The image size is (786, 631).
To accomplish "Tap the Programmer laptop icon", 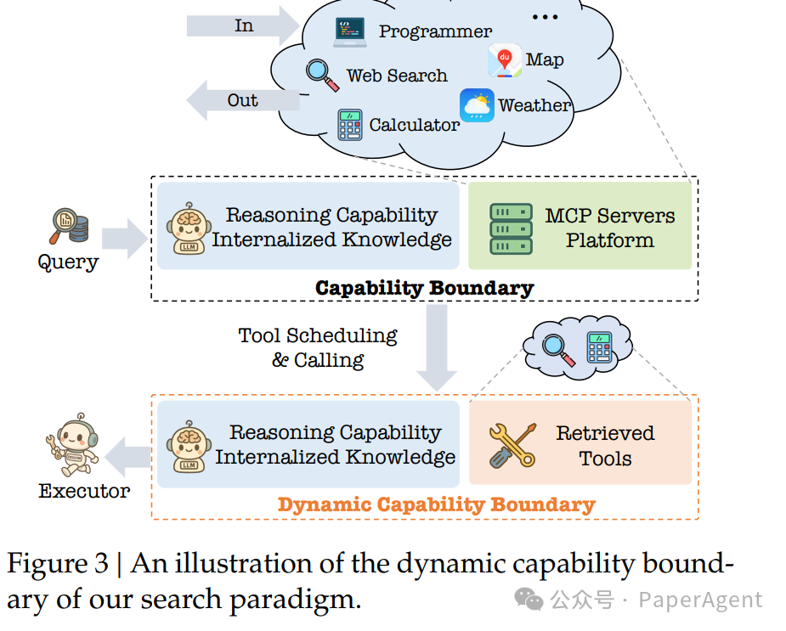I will [x=350, y=31].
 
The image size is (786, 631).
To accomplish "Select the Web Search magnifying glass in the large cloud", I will [x=322, y=74].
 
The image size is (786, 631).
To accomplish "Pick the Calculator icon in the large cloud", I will [x=349, y=125].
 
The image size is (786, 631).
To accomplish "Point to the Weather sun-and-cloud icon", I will [x=477, y=106].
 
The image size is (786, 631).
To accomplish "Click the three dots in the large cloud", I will [x=544, y=16].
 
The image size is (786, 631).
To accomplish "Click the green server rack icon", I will [x=511, y=228].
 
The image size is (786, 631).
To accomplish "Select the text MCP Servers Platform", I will [x=609, y=228].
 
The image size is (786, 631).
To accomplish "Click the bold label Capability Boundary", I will [x=424, y=288].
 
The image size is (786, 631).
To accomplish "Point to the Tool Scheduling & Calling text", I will [x=318, y=347].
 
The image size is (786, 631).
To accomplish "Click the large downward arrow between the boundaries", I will [x=437, y=348].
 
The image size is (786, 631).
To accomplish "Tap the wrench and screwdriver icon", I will [x=512, y=446].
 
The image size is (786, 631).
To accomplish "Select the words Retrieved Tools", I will [x=605, y=446].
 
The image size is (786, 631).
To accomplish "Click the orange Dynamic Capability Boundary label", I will [x=436, y=504].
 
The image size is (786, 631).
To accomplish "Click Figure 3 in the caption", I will [x=58, y=564].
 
